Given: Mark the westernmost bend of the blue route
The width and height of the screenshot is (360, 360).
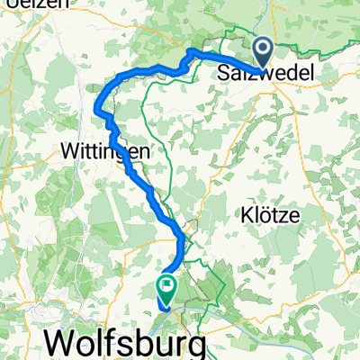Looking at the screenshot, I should (95, 108).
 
